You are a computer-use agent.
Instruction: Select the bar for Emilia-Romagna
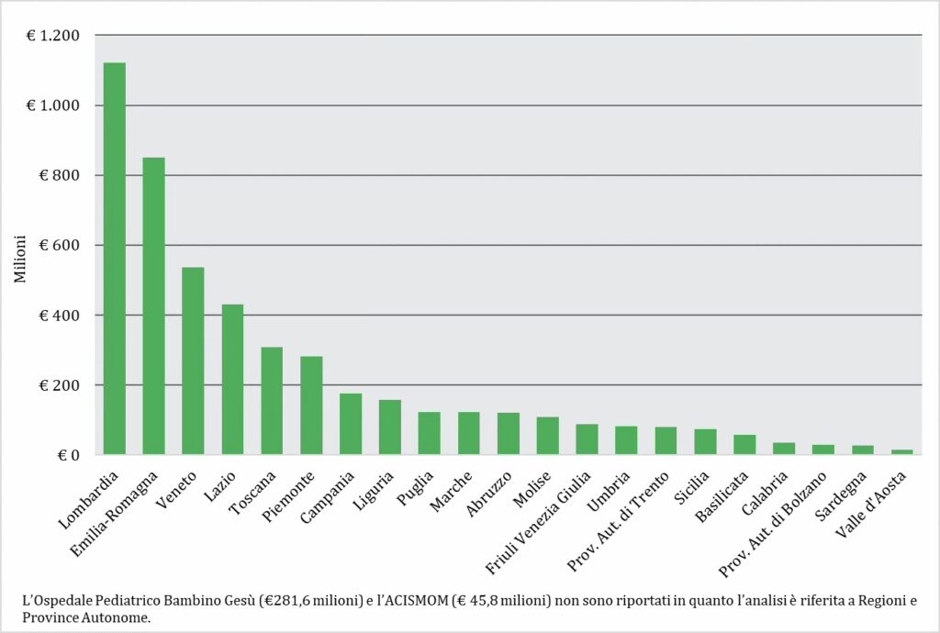[153, 306]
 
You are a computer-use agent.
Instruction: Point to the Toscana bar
[272, 401]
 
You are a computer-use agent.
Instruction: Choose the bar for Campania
[351, 424]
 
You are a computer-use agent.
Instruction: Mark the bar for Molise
[548, 436]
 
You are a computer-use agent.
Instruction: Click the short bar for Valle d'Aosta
[902, 451]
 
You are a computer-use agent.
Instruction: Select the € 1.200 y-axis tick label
[54, 36]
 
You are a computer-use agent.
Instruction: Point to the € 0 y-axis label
[69, 455]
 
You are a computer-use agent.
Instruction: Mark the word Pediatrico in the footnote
[122, 601]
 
